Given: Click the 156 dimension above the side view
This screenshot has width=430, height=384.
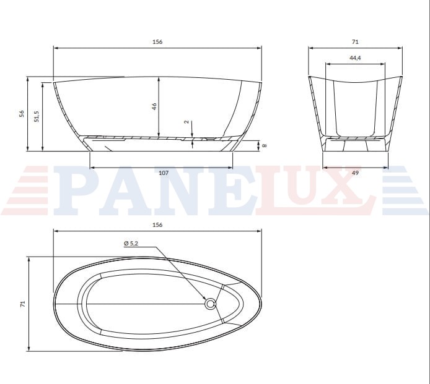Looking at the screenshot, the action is tap(157, 42).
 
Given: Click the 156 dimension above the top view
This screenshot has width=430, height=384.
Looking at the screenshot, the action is tap(157, 225).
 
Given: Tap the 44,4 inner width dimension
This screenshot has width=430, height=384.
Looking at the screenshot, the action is tap(355, 58).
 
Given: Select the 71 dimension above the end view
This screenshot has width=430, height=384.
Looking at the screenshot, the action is tap(355, 42).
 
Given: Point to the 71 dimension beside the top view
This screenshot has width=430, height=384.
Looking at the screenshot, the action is tap(22, 304).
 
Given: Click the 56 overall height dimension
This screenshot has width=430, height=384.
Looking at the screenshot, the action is tap(22, 113).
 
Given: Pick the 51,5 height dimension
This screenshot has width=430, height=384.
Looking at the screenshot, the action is tap(37, 116).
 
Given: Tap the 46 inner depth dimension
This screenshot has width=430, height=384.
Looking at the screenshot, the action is tap(154, 106).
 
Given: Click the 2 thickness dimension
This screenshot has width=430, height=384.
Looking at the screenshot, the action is tap(187, 122).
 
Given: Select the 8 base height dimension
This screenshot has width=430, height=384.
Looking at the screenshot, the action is tap(265, 145).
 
